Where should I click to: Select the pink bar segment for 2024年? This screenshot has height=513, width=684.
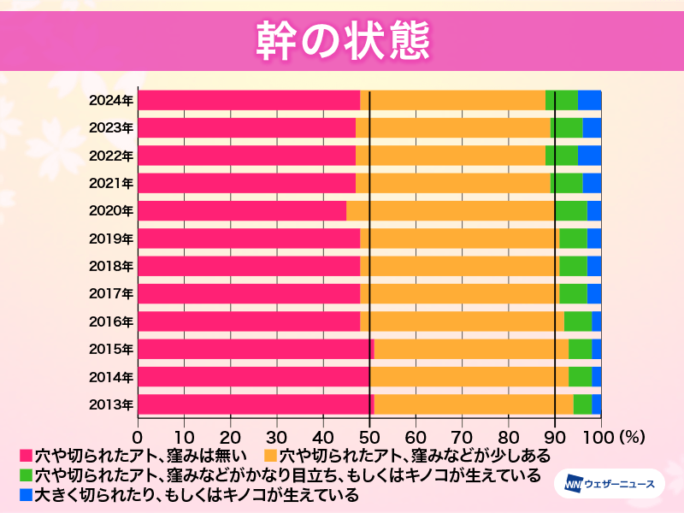coord(249,100)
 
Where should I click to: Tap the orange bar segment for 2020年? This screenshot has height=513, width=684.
coord(451,211)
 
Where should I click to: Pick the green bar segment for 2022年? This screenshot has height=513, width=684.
coord(562,156)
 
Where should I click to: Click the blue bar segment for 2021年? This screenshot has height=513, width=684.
coord(592,183)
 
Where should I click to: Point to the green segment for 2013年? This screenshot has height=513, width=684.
coord(582,404)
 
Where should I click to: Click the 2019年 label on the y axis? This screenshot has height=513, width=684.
coord(111,239)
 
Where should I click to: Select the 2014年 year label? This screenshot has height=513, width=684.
coord(111,377)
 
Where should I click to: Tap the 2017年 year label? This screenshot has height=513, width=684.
coord(111,294)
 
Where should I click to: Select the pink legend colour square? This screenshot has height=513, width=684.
coord(26,455)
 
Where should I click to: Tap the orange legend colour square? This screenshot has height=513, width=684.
coord(271,455)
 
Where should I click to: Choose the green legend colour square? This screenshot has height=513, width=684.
coord(26,475)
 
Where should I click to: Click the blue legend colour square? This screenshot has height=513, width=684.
coord(26,494)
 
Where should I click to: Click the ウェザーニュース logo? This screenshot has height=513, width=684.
coord(610,484)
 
